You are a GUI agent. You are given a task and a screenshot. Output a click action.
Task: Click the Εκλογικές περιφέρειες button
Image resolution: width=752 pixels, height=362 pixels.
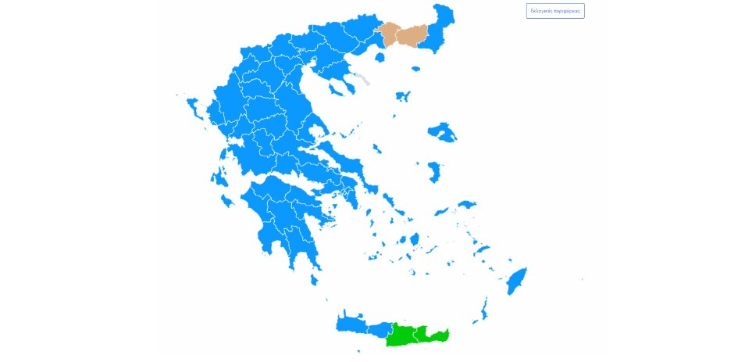[555, 11]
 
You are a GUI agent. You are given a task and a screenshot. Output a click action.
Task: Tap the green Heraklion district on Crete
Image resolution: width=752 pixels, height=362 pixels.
[405, 335]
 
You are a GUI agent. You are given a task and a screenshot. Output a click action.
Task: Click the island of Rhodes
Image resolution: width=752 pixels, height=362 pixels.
[517, 280]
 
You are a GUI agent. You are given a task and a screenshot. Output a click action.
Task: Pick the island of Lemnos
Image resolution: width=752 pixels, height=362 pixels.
[403, 96]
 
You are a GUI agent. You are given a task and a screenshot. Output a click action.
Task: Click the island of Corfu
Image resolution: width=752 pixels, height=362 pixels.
[193, 107]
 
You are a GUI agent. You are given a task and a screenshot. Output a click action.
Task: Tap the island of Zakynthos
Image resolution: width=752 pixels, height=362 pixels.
[227, 202]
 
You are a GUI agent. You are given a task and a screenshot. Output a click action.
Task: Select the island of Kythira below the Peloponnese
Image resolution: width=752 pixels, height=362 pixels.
[315, 279]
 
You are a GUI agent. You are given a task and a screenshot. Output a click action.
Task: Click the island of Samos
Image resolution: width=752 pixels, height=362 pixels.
[467, 205]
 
